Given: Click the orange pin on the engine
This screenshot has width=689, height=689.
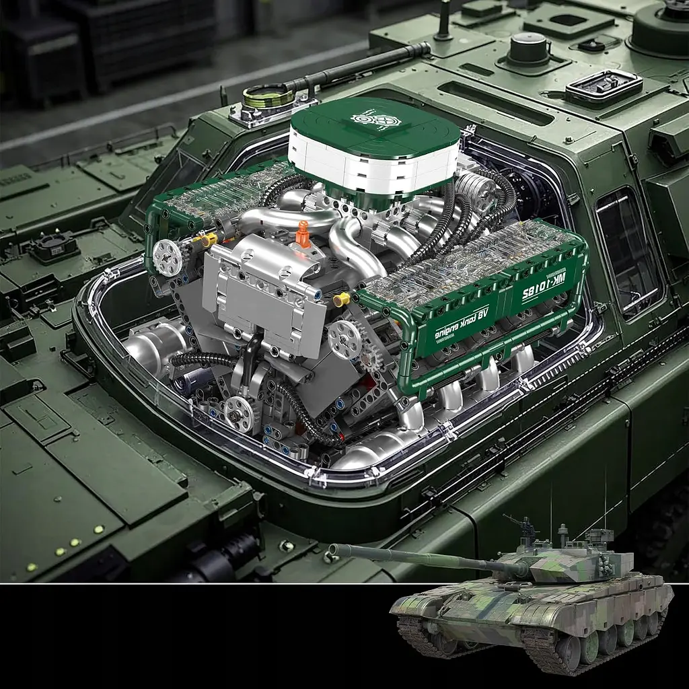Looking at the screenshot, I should coord(302,233).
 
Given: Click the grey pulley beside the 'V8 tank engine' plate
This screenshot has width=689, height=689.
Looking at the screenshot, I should coord(344,338).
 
